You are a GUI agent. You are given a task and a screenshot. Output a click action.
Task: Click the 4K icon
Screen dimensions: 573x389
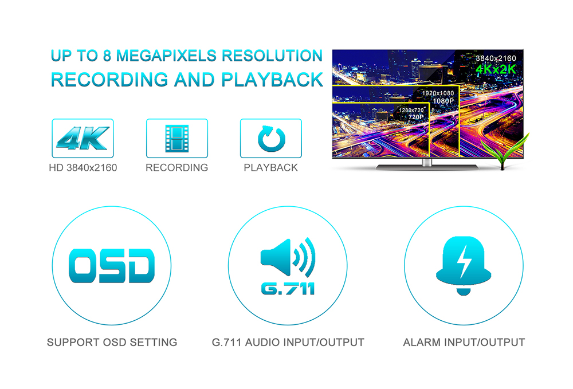(x=83, y=139)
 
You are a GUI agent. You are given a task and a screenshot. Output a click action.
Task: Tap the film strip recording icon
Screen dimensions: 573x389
(x=177, y=139)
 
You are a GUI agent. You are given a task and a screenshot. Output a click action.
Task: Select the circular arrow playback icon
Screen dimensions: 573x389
(x=271, y=139)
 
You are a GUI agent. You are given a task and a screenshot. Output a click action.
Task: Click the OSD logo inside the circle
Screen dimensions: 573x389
(x=112, y=266)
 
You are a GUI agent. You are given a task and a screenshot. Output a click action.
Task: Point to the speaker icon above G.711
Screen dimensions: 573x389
(x=288, y=257)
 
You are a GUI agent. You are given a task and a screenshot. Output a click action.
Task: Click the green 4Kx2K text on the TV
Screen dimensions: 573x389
(x=496, y=69)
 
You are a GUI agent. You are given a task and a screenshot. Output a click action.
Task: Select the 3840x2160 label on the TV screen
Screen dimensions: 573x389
(x=496, y=58)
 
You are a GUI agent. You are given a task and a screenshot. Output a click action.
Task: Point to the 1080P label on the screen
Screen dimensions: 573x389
(x=444, y=101)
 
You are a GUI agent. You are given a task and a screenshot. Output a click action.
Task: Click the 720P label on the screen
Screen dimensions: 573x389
(x=416, y=117)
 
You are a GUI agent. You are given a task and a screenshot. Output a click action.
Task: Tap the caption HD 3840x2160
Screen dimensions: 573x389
(x=83, y=168)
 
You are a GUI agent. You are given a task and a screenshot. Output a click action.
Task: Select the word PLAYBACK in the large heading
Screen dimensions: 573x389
(x=272, y=80)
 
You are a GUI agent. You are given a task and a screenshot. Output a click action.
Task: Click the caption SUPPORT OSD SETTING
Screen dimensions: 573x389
(x=112, y=342)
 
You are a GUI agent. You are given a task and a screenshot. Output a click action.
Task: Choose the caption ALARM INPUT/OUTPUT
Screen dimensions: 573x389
(x=464, y=342)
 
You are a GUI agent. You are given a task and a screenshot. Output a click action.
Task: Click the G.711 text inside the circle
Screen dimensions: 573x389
(x=288, y=289)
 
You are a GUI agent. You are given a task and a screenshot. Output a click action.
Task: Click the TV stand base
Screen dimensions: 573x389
(x=427, y=167)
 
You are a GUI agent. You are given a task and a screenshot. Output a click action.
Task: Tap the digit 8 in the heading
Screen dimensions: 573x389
(x=107, y=56)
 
